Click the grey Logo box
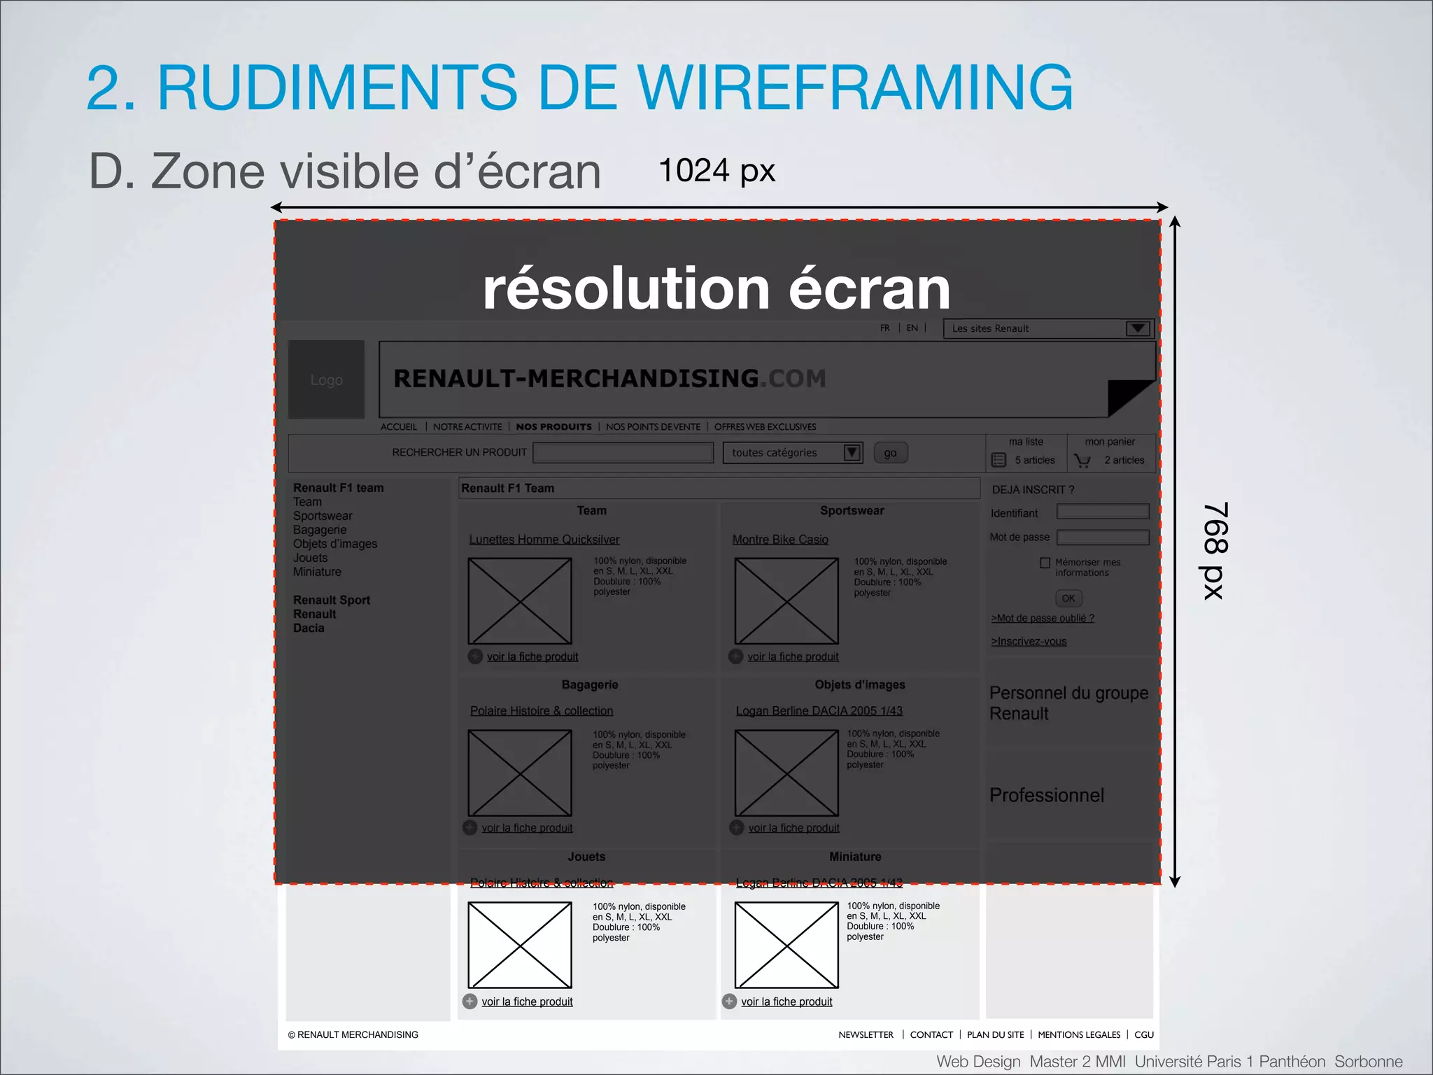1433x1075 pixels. click(x=326, y=379)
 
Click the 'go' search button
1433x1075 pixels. click(x=890, y=453)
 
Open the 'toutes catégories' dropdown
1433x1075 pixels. click(x=792, y=453)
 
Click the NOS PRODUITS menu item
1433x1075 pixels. click(x=553, y=427)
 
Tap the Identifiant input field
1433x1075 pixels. click(x=1102, y=512)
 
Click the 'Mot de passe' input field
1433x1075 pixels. click(x=1102, y=537)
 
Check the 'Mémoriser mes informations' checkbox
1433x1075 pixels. click(x=1045, y=563)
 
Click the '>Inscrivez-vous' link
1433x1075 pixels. click(x=1029, y=641)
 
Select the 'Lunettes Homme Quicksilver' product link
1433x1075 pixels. click(x=544, y=540)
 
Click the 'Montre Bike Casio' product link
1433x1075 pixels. click(x=780, y=540)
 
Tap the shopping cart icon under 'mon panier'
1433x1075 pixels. click(x=1082, y=461)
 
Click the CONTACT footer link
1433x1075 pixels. click(x=931, y=1034)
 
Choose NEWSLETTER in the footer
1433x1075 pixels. click(x=866, y=1034)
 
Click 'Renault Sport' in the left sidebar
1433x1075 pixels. click(x=332, y=600)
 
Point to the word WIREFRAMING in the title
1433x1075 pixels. click(x=855, y=87)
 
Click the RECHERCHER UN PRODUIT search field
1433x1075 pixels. click(x=623, y=453)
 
